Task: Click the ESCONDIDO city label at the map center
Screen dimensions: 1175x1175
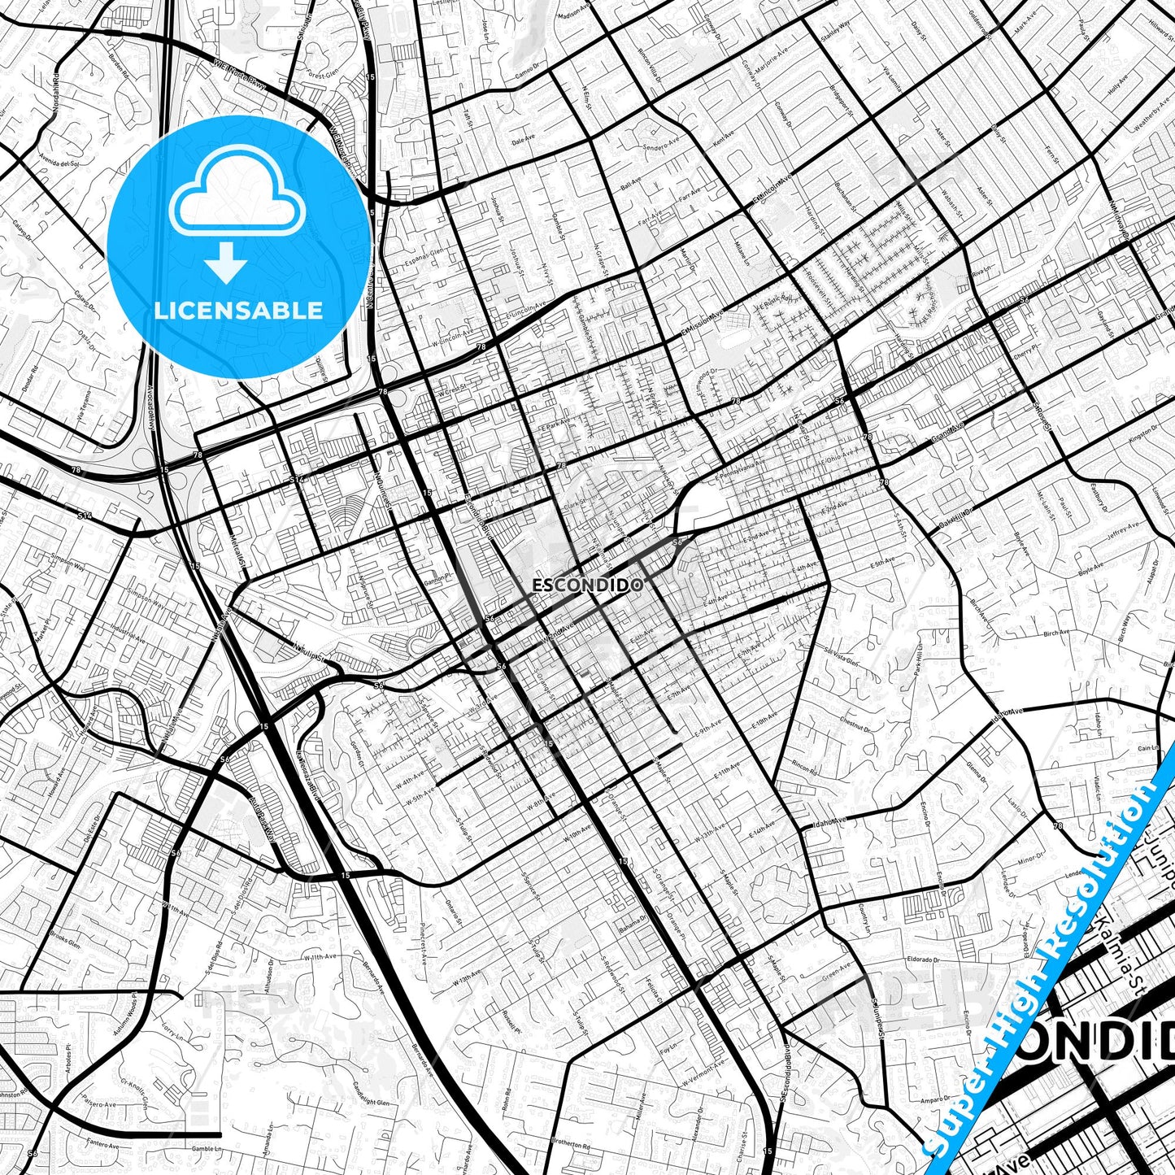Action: [x=588, y=585]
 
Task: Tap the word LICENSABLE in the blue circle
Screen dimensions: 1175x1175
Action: [x=239, y=310]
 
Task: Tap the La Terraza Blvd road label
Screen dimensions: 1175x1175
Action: [x=315, y=768]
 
